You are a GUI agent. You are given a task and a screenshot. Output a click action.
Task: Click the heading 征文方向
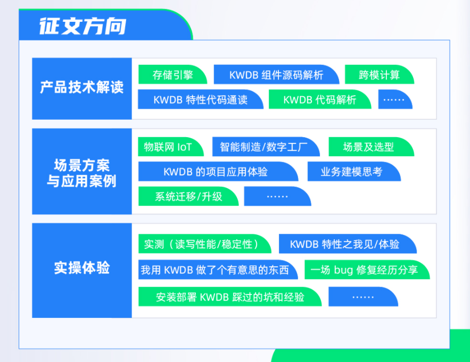pos(83,27)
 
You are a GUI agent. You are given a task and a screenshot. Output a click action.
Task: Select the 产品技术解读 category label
pos(82,87)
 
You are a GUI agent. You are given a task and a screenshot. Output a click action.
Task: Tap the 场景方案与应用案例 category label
pos(82,173)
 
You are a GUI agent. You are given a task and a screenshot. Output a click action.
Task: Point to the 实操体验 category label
pos(82,268)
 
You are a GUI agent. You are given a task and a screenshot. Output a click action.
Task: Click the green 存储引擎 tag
pos(172,74)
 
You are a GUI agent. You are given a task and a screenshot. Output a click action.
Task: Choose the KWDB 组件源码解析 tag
pos(276,74)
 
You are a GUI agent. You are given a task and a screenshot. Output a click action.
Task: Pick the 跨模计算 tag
pos(380,74)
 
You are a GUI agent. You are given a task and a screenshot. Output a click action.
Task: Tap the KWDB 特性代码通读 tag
pos(201,99)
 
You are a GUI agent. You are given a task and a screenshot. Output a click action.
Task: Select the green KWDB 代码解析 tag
pos(320,99)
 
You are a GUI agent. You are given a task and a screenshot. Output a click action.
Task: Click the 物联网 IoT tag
pos(171,147)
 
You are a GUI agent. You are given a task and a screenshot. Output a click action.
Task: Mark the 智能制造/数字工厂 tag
pos(266,147)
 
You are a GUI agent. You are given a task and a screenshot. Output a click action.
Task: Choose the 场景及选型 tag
pos(372,147)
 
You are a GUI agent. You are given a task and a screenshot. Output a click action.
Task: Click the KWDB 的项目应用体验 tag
pos(218,172)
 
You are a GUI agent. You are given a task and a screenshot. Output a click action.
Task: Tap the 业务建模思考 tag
pos(354,172)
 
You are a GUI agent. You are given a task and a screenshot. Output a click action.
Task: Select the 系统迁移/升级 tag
pos(188,197)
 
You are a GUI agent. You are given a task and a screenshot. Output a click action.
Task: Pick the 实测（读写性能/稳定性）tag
pos(205,244)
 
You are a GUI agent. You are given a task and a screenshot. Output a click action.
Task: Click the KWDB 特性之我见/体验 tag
pos(348,244)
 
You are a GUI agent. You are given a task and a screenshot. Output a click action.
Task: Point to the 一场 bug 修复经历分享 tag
pos(367,270)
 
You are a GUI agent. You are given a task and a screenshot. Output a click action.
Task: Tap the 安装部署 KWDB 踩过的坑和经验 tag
pos(230,297)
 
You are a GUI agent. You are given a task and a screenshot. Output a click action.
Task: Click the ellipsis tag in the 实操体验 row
pos(364,297)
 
